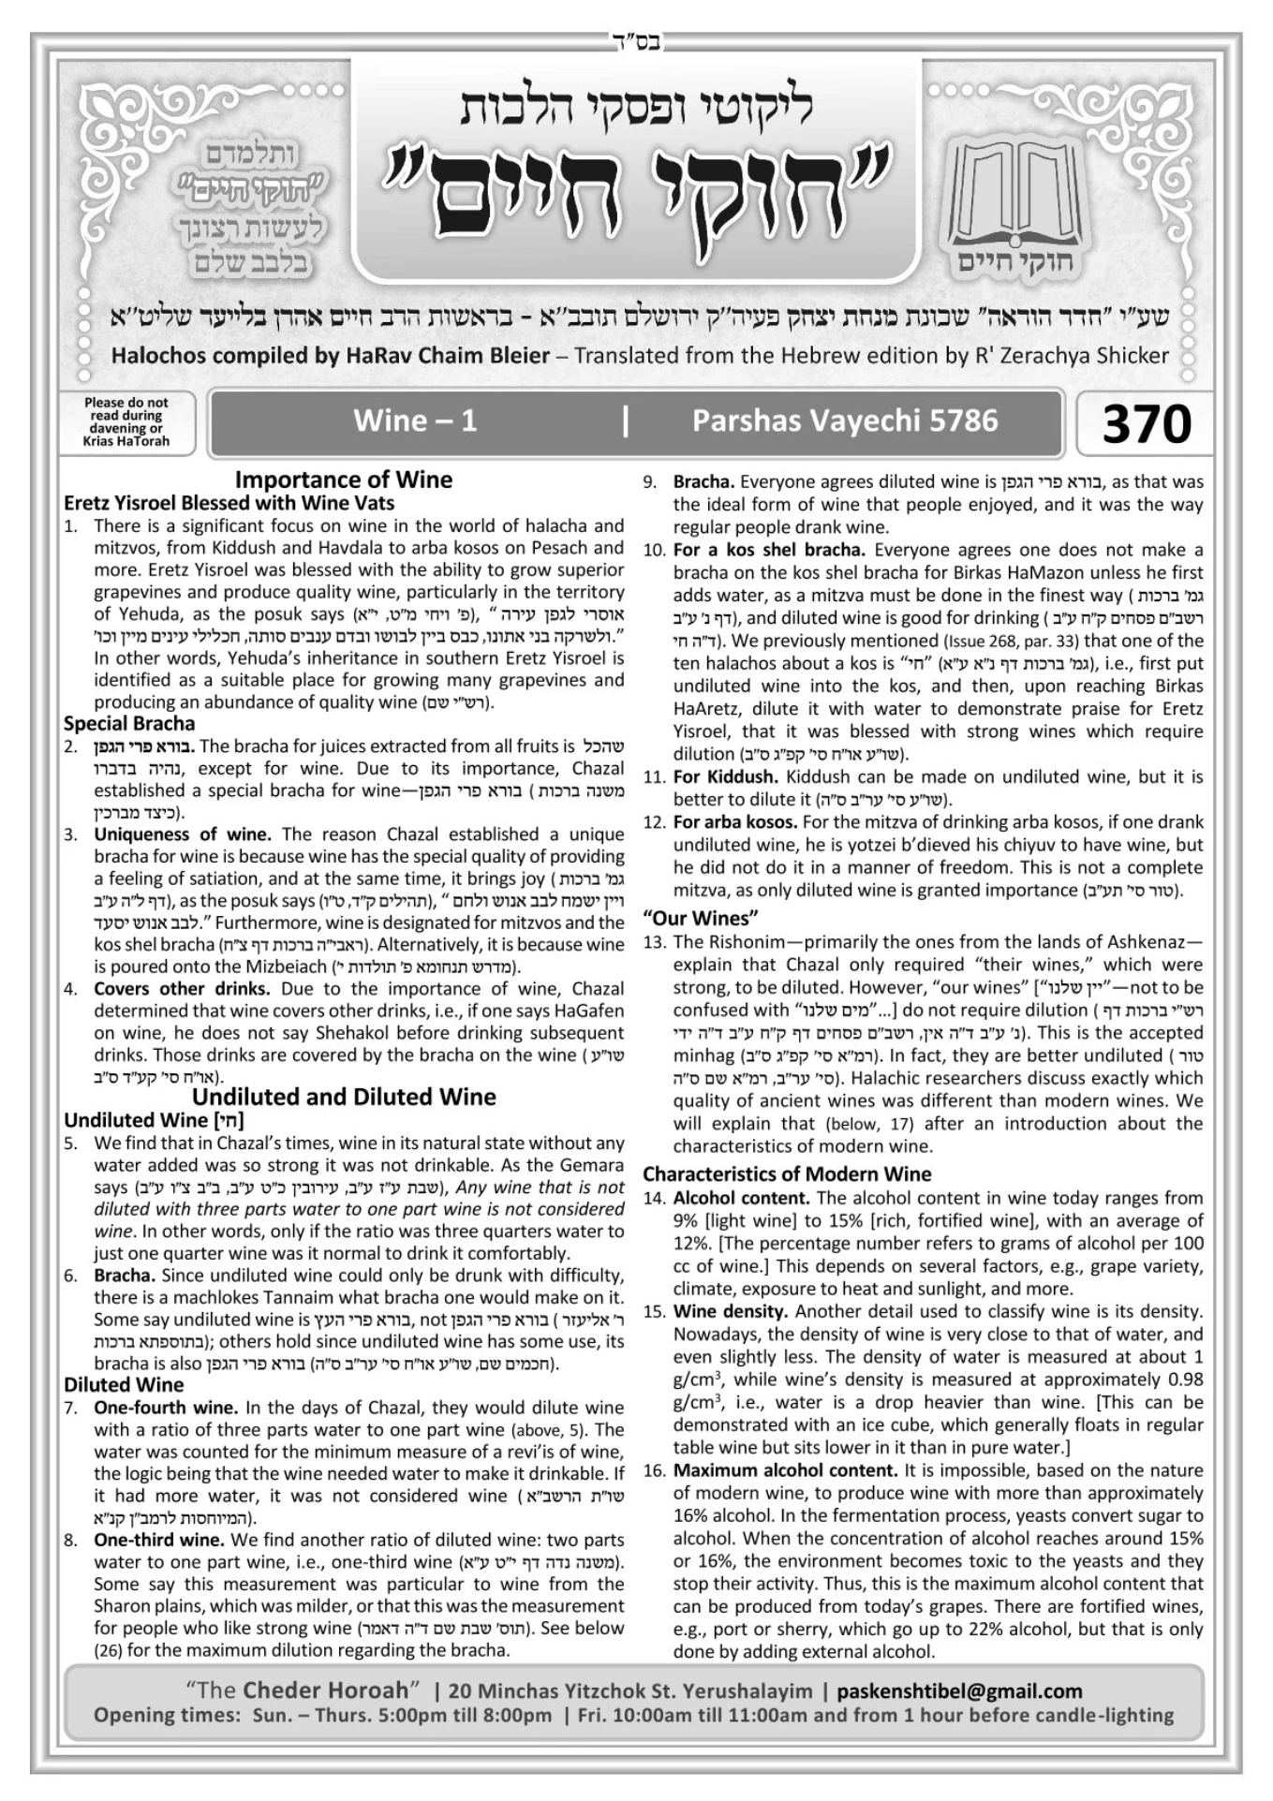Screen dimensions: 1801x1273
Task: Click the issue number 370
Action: pos(1146,423)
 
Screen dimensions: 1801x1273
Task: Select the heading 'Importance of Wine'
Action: pos(343,480)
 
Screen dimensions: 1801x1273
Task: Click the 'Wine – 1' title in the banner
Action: pos(415,421)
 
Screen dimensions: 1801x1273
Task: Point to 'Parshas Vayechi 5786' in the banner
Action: pos(844,421)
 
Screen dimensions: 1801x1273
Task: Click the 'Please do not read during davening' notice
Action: pos(126,421)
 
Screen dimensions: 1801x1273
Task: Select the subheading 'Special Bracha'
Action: pos(129,723)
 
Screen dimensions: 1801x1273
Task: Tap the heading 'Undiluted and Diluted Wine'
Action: pos(344,1097)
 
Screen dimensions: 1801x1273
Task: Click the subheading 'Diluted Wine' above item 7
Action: pos(124,1384)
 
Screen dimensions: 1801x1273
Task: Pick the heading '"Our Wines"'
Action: pos(700,917)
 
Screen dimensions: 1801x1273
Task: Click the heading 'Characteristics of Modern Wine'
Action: pos(787,1174)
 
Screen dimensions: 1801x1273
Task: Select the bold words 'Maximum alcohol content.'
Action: pos(785,1470)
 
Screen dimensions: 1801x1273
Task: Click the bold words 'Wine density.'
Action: pos(730,1311)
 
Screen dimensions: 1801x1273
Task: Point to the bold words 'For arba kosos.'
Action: pos(735,821)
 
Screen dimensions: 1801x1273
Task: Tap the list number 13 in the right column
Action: pos(654,941)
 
